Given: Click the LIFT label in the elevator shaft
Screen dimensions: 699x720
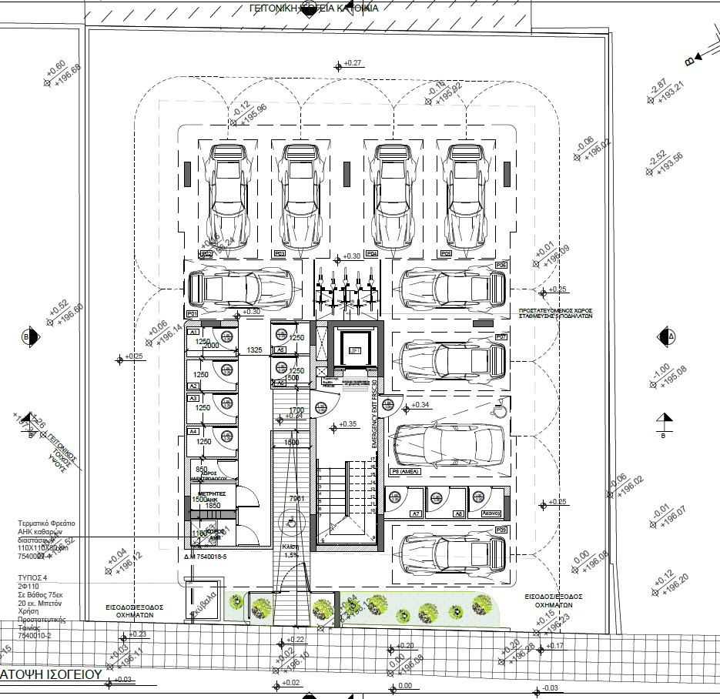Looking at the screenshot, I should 355,351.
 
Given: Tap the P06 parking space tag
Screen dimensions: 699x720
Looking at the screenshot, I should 501,265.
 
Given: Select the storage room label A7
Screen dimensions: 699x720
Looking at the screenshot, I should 415,513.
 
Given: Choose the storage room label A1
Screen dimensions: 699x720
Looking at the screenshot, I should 194,332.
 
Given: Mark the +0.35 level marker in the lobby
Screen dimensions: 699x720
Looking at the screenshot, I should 347,424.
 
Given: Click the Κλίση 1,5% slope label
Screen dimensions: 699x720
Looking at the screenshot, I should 291,551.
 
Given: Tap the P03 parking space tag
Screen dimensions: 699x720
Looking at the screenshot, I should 280,253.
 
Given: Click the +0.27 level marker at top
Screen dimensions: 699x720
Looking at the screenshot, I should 353,63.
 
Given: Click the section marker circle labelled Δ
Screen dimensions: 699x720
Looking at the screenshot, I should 667,336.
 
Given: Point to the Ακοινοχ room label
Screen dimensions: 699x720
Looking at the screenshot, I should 491,513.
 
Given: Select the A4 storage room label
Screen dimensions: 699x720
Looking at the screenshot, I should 194,433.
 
